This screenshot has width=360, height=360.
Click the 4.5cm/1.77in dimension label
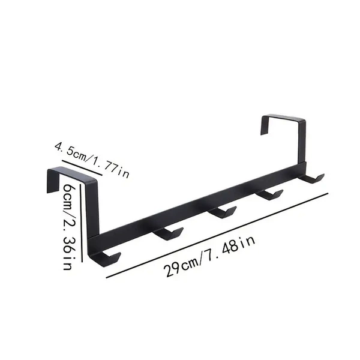coord(92,160)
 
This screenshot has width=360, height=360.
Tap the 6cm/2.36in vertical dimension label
coord(68,227)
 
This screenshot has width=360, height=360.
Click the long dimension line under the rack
coord(217,236)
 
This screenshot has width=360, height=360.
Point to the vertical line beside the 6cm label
coord(81,223)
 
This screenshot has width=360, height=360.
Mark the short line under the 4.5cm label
coord(82,168)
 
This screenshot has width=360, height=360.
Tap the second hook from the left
coord(169,234)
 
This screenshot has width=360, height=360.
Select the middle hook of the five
coord(222,212)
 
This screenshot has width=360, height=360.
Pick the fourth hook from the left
coord(269,194)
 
